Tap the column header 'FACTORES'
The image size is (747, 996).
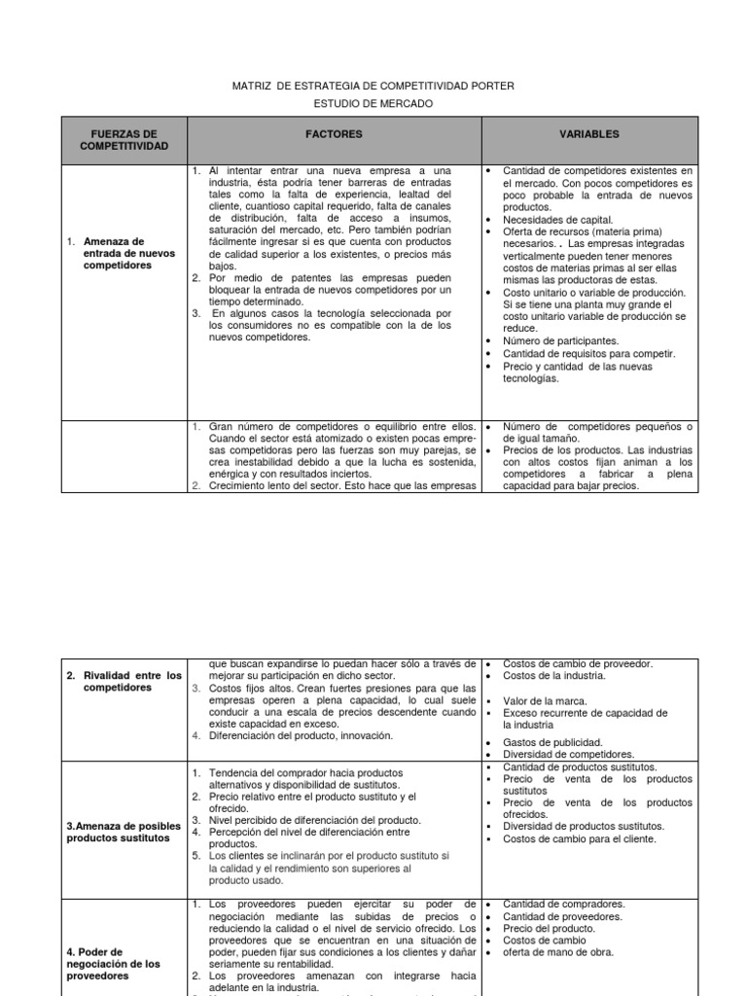coord(334,134)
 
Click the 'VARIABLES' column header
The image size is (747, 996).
coord(588,134)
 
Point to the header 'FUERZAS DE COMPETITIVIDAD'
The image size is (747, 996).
coord(124,140)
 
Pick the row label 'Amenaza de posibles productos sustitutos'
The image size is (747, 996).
coord(124,832)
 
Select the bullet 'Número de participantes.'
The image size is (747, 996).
coord(560,341)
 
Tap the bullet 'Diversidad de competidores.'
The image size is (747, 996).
coord(568,754)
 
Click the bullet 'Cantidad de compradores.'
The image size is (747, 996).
coord(563,904)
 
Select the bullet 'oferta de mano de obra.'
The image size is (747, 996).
coord(557,952)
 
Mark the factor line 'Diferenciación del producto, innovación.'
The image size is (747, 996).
coord(301,735)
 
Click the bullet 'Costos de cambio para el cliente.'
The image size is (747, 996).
coord(579,838)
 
